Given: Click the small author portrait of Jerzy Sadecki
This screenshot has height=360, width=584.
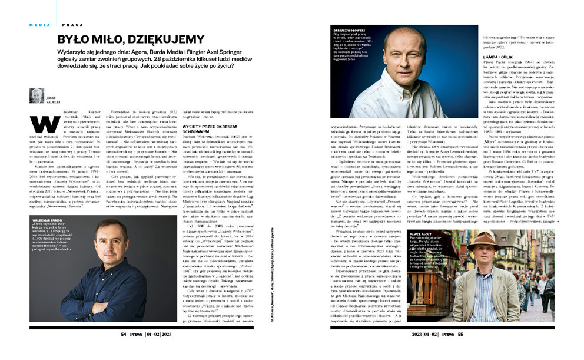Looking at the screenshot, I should (x=36, y=95).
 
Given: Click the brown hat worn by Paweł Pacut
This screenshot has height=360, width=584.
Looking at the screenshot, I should (x=485, y=238).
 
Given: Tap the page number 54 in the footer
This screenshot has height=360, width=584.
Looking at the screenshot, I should (x=124, y=333).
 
